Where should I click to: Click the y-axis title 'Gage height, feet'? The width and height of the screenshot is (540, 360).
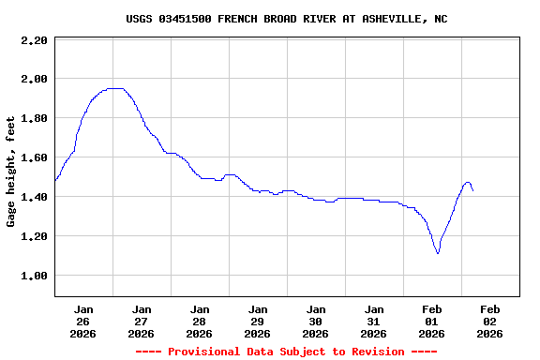(x=11, y=172)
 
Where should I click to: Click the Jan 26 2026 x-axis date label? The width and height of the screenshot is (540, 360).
(x=83, y=321)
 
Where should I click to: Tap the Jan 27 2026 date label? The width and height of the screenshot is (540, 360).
(x=142, y=321)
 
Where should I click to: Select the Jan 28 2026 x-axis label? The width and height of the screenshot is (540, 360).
(x=200, y=321)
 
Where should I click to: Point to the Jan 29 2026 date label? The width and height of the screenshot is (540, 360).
(x=258, y=321)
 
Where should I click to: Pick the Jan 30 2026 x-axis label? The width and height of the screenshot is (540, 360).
(x=316, y=321)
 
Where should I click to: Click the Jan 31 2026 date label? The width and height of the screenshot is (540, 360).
(x=374, y=321)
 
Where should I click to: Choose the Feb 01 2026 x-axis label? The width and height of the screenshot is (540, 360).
(x=432, y=321)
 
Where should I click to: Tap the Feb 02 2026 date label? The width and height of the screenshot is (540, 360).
(x=490, y=321)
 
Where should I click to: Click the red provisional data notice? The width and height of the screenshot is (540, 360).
(x=286, y=352)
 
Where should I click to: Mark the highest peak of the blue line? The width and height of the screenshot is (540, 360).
(x=115, y=88)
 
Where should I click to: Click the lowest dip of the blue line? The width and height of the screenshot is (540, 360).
(x=438, y=253)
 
